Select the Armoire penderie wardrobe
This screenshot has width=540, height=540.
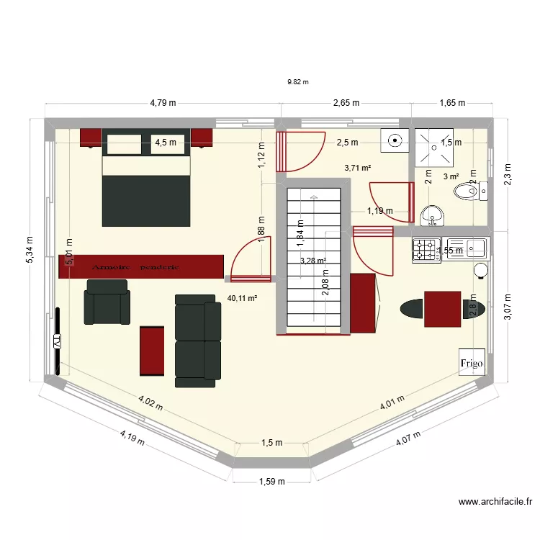point(141,266)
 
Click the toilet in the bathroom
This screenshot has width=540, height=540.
point(469,192)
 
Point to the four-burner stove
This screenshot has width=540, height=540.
point(426,250)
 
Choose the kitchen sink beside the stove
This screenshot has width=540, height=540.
point(467,249)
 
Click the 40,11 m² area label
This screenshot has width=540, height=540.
point(243,297)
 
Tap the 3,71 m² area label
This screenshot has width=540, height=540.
point(358,168)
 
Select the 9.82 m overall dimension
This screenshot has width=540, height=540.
point(297,82)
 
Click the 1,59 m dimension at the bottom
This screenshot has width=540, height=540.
point(272,482)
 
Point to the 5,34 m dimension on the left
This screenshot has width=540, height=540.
point(30,250)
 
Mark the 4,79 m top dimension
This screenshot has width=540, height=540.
point(163,103)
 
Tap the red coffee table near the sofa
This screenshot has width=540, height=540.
point(152,350)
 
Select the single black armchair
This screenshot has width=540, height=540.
point(108,302)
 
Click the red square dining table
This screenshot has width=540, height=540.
point(442,308)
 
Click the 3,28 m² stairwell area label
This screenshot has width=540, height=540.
point(313,261)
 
